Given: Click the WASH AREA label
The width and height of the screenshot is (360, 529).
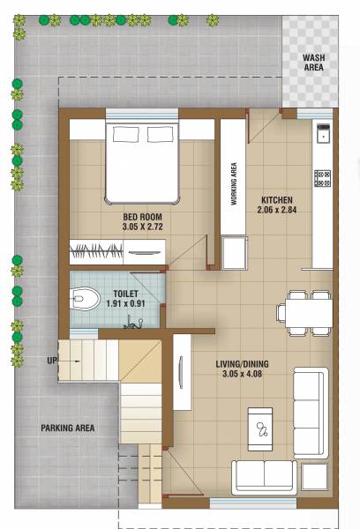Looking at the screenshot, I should (x=313, y=61).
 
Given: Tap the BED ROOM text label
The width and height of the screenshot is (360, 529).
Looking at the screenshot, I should (x=141, y=216).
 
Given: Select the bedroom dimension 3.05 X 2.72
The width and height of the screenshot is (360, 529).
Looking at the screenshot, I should (x=141, y=227).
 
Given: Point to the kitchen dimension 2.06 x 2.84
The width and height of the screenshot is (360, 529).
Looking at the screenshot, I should (x=277, y=210).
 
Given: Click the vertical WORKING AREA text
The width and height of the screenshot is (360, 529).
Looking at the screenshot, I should (x=234, y=183).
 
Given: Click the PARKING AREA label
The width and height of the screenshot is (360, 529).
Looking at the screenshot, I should (x=67, y=428).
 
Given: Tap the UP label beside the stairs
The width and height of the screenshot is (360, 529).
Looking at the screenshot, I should (x=52, y=361).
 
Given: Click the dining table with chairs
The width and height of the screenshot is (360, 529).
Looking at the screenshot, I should (x=305, y=312).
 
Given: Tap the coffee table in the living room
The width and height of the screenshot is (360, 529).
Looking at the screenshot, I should (x=261, y=428).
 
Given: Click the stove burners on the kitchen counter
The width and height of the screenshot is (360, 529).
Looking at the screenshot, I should (x=322, y=177).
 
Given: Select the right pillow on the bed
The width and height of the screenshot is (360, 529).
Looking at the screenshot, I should (x=160, y=134).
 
